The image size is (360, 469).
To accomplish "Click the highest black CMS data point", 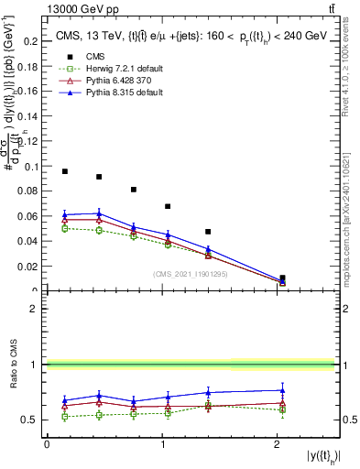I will [x=64, y=171].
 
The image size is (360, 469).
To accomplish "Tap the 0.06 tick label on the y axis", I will [x=29, y=217].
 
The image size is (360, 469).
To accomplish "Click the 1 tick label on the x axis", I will [x=161, y=444].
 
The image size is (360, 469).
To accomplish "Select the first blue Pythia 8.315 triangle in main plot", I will [x=64, y=214].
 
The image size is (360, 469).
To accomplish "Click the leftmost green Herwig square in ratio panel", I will [x=64, y=416].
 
